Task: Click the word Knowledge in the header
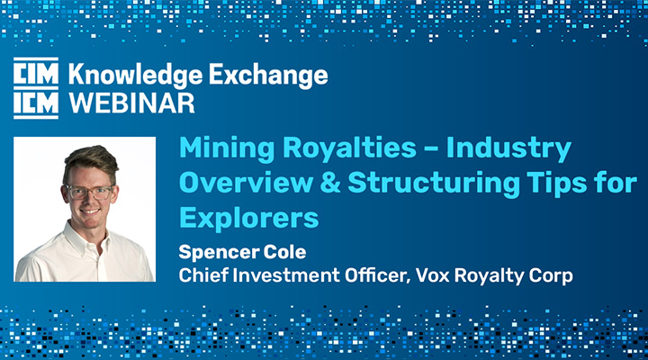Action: coord(136,76)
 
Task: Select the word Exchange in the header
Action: coord(268,75)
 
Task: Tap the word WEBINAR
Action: coord(131,103)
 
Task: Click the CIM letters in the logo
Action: coord(36,75)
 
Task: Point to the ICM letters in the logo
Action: coord(36,103)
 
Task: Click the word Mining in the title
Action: coord(227,148)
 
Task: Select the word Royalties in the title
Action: coord(349,147)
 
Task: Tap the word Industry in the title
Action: coord(508,148)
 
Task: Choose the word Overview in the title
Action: coord(247,183)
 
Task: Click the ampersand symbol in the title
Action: coord(330,183)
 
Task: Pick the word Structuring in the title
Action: coord(434,184)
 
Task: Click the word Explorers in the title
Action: coord(248,218)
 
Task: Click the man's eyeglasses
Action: coord(88,192)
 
